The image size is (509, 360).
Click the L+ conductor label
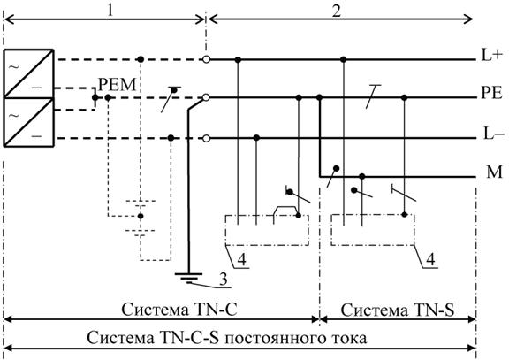pyautogui.click(x=492, y=56)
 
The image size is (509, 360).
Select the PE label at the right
pyautogui.click(x=491, y=93)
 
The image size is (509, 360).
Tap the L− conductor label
pyautogui.click(x=494, y=134)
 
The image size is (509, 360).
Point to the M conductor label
pyautogui.click(x=494, y=172)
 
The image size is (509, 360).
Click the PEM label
pyautogui.click(x=117, y=85)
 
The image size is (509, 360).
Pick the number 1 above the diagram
pyautogui.click(x=110, y=10)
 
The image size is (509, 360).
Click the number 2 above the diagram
pyautogui.click(x=337, y=10)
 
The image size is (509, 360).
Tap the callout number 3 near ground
pyautogui.click(x=223, y=280)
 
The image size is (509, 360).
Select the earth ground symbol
pyautogui.click(x=188, y=278)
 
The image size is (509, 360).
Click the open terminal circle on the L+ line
pyautogui.click(x=206, y=59)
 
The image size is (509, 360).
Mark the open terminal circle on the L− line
pyautogui.click(x=206, y=139)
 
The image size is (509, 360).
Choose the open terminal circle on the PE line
pyautogui.click(x=206, y=97)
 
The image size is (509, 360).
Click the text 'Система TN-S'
pyautogui.click(x=398, y=310)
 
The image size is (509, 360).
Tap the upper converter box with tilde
pyautogui.click(x=28, y=73)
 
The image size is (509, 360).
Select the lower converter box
pyautogui.click(x=28, y=122)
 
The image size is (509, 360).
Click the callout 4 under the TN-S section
pyautogui.click(x=430, y=260)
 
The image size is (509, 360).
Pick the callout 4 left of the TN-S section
pyautogui.click(x=242, y=259)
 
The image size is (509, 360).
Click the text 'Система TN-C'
pyautogui.click(x=179, y=310)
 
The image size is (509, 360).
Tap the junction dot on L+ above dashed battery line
pyautogui.click(x=141, y=59)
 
